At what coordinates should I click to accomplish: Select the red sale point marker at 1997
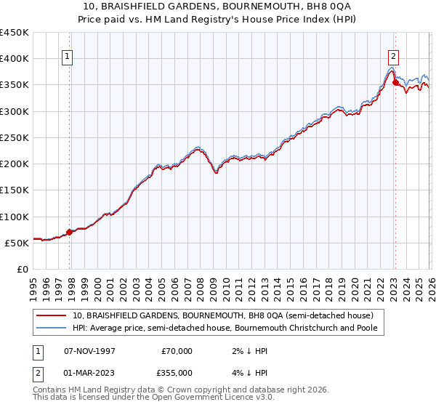click(x=70, y=233)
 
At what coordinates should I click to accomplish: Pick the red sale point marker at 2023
click(x=395, y=83)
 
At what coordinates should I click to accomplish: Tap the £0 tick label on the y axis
click(x=23, y=270)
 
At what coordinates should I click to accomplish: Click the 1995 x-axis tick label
click(x=33, y=286)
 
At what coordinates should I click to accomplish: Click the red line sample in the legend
click(x=52, y=316)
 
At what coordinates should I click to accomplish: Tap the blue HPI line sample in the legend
click(x=52, y=329)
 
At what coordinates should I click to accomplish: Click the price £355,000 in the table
click(x=177, y=372)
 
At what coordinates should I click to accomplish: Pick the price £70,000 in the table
click(x=177, y=351)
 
